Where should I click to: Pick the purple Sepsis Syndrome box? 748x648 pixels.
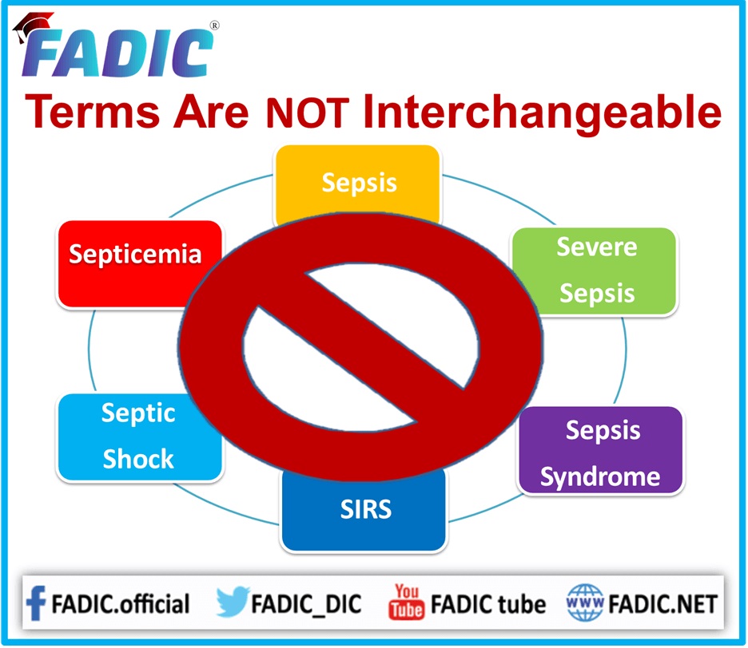tap(601, 450)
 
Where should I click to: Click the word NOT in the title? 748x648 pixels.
tap(308, 113)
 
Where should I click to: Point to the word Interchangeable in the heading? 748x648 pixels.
tap(543, 114)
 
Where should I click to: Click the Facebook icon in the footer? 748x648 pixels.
tap(36, 603)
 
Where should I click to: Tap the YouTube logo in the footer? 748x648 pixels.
tap(406, 602)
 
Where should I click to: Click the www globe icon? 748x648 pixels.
tap(585, 603)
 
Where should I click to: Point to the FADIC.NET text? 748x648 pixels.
tap(662, 604)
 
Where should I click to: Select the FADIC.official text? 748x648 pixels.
tap(120, 603)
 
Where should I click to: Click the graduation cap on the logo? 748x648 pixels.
tap(32, 26)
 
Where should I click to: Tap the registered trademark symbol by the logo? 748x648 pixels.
tap(215, 26)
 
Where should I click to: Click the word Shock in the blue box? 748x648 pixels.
tap(138, 459)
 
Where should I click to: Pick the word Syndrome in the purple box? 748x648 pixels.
tap(600, 477)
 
